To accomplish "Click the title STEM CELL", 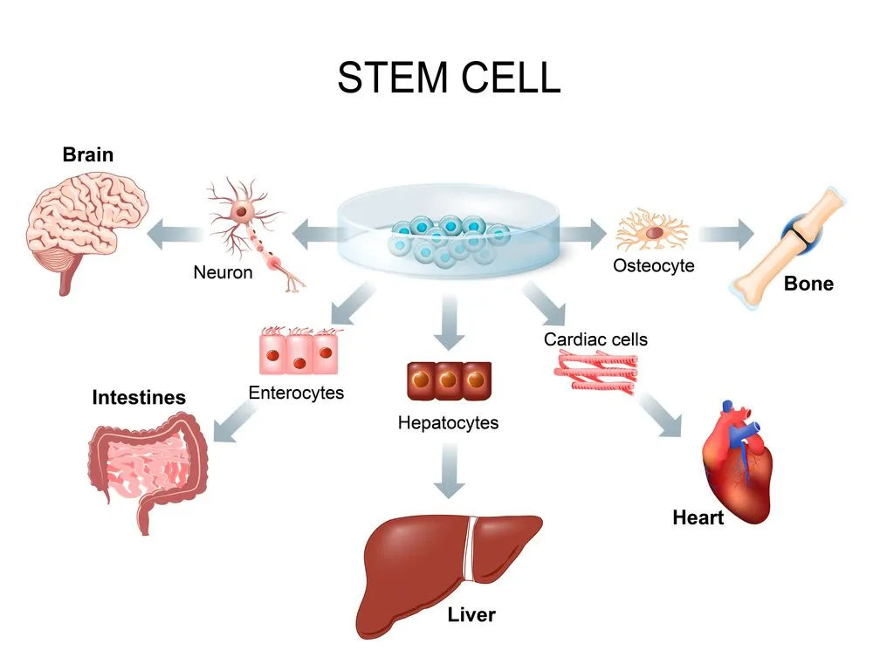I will point(448,78).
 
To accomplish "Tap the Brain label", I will point(87,155).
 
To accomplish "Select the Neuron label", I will point(223,273).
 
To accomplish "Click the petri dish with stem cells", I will point(447,237).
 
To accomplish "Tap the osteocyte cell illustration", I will point(651,232).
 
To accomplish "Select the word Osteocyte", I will point(654,266).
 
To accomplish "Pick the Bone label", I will point(808,284).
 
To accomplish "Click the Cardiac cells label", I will point(595,339).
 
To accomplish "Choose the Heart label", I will point(698,518).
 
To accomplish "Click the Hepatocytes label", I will point(448,423).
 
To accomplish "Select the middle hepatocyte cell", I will point(448,380).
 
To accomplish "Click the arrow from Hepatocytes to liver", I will point(448,471).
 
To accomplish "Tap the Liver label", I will point(471,615).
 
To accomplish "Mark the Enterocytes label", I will point(296,393).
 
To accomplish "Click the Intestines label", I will point(139,398).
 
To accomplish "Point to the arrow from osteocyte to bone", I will point(725,233).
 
